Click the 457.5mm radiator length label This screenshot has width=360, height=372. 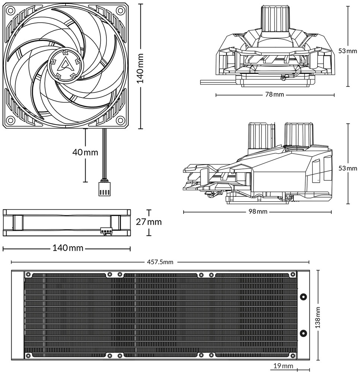pos(160,262)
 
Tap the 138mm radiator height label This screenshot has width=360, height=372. pos(318,317)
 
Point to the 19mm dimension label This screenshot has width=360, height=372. pos(283,366)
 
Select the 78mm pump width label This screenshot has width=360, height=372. pos(274,94)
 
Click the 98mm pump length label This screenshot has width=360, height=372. pos(258,211)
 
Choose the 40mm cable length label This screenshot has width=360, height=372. pos(85,152)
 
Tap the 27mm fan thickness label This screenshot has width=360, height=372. pos(149,222)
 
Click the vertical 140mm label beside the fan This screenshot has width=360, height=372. pos(141,68)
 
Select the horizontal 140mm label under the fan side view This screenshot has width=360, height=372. pos(68,248)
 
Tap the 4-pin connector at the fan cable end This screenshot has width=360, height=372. pos(104,189)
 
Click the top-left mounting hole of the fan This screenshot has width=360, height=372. pos(10,10)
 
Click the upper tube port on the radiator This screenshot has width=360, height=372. pos(303,296)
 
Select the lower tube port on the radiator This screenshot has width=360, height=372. pos(303,333)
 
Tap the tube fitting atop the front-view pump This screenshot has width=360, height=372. pos(275,18)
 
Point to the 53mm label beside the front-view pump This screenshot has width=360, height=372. pos(348,51)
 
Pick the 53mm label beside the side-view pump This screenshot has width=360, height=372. pos(348,168)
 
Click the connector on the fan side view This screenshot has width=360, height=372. pos(106,231)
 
